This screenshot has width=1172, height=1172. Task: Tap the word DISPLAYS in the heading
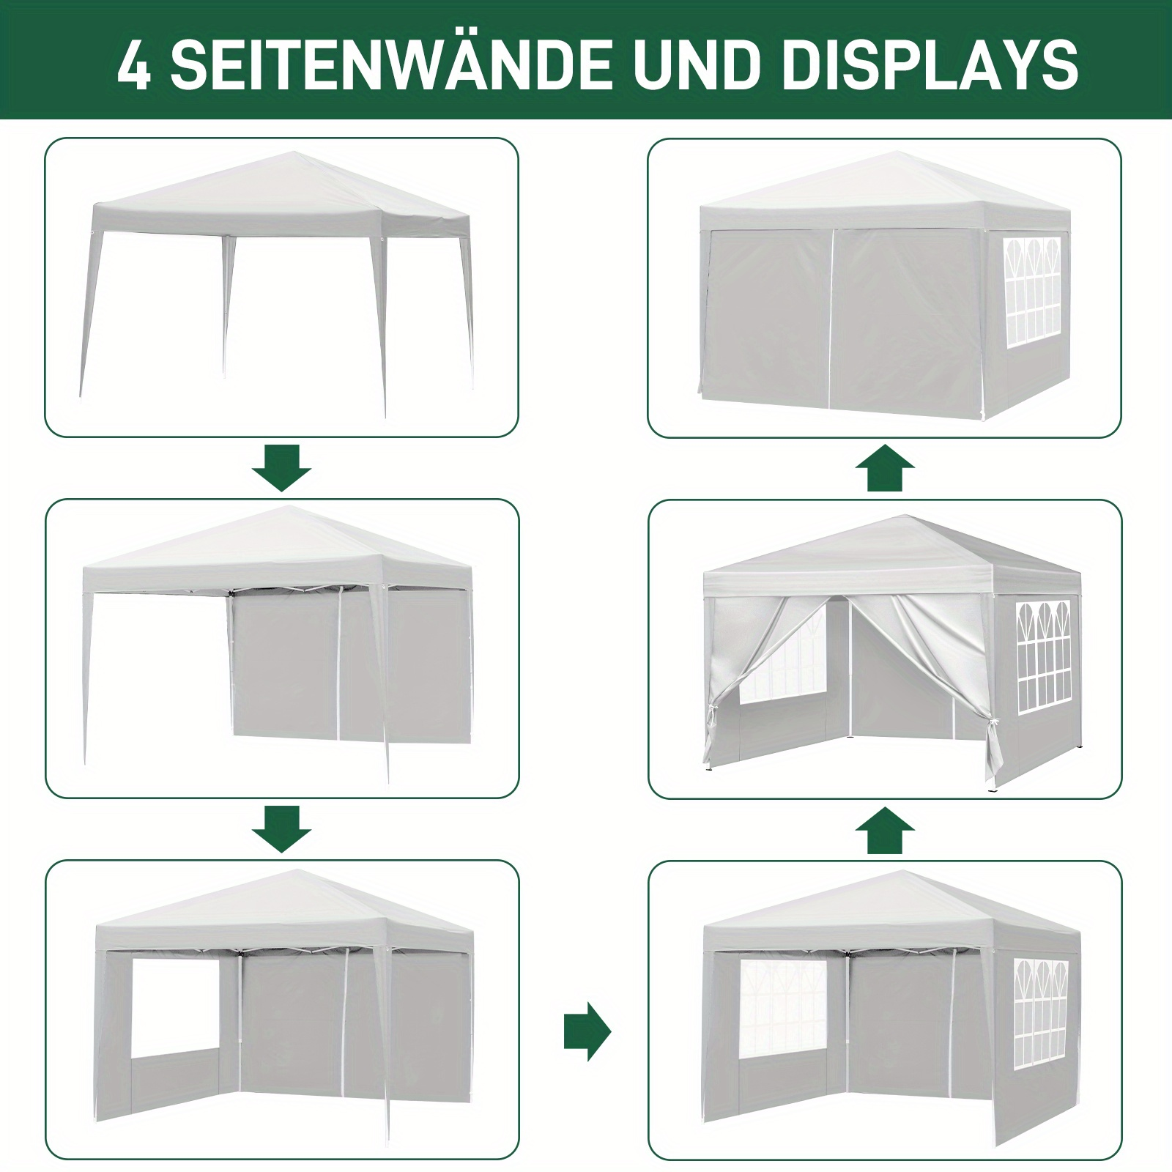931,67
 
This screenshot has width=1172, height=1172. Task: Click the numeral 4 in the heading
133,67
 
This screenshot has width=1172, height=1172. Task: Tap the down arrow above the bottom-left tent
282,829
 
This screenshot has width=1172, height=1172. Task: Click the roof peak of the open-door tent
912,518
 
